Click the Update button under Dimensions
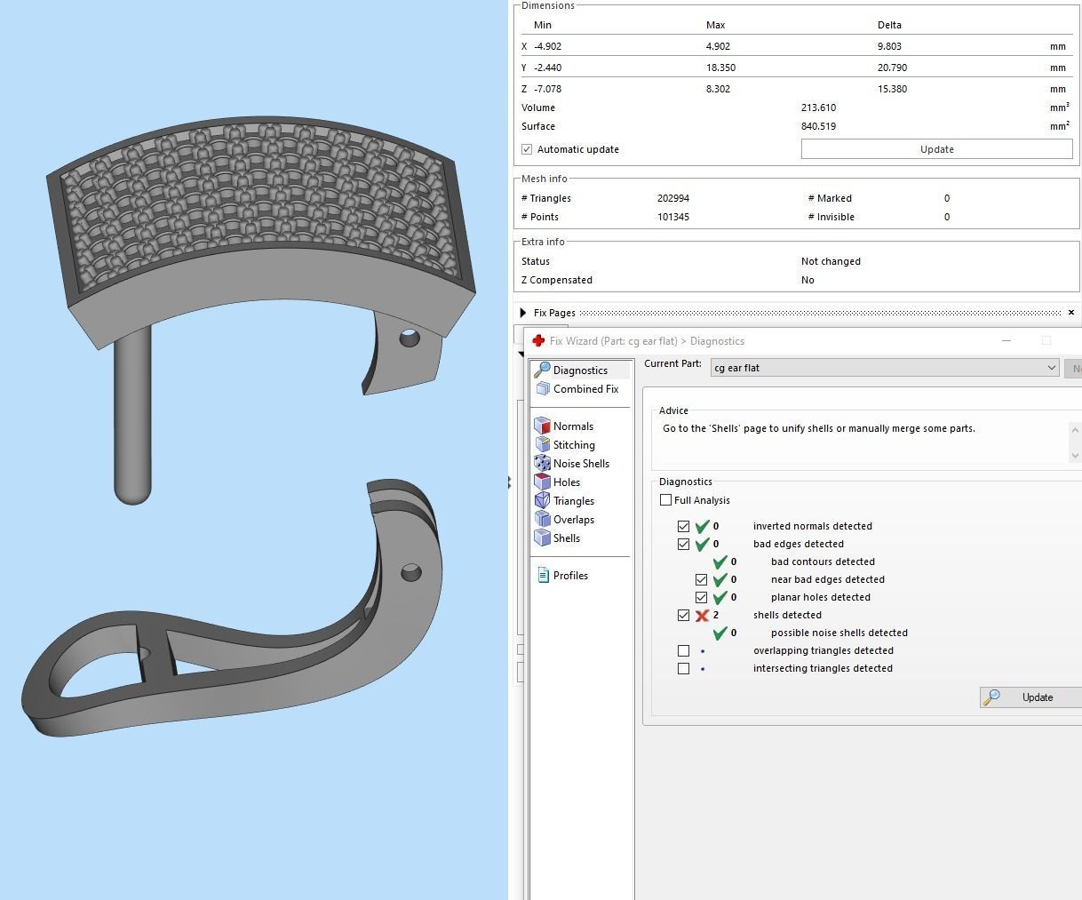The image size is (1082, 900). coord(936,149)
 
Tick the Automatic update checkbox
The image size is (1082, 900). coord(527,149)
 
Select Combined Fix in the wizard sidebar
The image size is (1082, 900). coord(585,389)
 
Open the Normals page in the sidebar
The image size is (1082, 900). coord(572,426)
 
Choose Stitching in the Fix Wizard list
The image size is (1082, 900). coord(573,445)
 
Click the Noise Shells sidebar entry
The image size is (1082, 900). coord(580,464)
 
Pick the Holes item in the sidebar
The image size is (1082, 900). coord(566,482)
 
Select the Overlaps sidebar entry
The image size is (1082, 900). coord(573,520)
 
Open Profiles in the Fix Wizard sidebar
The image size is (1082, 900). coord(569,576)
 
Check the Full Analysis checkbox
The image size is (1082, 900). coord(666,500)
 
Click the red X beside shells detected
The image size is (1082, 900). coord(702,615)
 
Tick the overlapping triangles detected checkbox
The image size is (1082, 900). coord(683,650)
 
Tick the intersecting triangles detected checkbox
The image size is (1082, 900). coord(683,668)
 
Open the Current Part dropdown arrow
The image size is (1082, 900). coord(1051,368)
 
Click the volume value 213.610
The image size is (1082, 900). coord(817,108)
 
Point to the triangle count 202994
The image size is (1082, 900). coord(672,198)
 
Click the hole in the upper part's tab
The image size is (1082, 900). coord(410,338)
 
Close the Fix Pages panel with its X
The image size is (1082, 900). coord(1070,313)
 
